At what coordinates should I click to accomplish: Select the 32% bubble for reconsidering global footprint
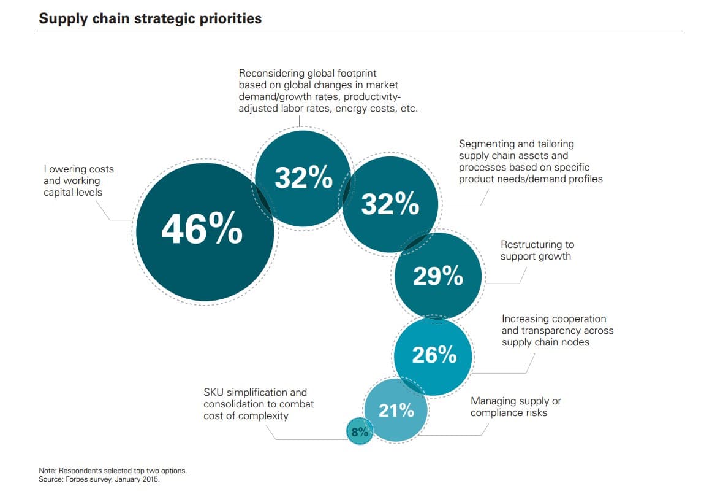pyautogui.click(x=303, y=177)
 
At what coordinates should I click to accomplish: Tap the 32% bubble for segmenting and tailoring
pyautogui.click(x=390, y=204)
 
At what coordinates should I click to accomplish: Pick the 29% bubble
pyautogui.click(x=437, y=276)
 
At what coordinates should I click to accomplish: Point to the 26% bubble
pyautogui.click(x=434, y=355)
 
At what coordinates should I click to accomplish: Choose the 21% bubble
pyautogui.click(x=396, y=411)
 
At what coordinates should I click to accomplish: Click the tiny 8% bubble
pyautogui.click(x=359, y=432)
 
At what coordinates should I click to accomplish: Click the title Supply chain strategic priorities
pyautogui.click(x=150, y=18)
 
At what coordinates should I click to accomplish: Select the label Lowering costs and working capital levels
pyautogui.click(x=78, y=180)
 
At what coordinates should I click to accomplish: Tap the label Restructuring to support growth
pyautogui.click(x=537, y=250)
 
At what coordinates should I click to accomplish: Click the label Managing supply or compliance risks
pyautogui.click(x=515, y=407)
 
